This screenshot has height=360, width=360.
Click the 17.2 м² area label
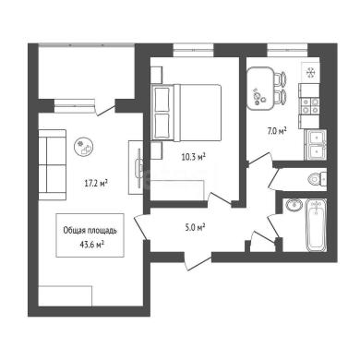96,184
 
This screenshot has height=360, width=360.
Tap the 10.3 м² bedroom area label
193,157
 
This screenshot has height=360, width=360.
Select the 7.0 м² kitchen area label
277,131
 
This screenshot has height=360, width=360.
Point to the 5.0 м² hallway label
196,228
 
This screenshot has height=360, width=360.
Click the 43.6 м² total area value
91,245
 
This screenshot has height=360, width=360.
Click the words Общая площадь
90,231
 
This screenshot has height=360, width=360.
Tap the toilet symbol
317,179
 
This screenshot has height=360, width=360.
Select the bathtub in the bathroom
316,225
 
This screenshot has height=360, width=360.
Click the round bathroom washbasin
294,204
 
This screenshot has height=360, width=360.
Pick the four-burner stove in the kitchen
309,106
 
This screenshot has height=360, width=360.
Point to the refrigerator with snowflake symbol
310,72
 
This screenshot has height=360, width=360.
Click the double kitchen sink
316,144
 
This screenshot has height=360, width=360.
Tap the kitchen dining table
259,88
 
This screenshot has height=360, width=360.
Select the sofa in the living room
53,164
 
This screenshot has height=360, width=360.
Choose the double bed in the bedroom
186,113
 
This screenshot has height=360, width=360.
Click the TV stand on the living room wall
136,167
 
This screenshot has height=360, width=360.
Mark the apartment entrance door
198,261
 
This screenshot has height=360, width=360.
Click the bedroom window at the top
193,50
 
